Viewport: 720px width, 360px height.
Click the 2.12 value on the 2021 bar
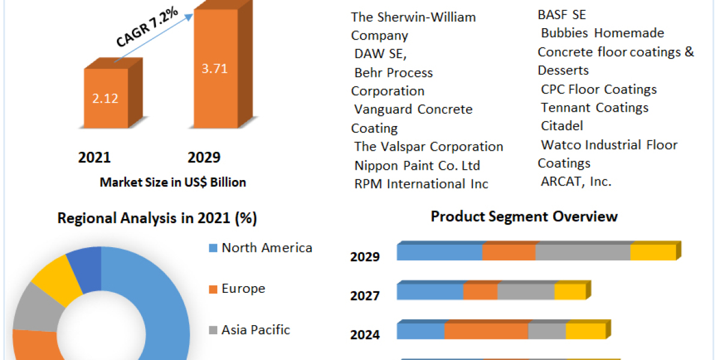[106, 98]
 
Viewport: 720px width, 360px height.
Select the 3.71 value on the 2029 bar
[214, 68]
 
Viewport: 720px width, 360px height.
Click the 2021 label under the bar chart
[94, 158]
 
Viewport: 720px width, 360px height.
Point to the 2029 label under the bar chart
[204, 158]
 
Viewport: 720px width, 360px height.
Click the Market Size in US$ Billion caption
[173, 182]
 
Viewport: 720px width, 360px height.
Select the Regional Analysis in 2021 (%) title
[157, 218]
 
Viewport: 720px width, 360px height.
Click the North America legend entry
[266, 248]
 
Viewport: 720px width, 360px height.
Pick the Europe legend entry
[242, 289]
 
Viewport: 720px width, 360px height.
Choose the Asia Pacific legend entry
[255, 329]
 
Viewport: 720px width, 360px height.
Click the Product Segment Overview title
[524, 217]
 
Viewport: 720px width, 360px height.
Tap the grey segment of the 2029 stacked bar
[583, 253]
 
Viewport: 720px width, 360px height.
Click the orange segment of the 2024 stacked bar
[486, 331]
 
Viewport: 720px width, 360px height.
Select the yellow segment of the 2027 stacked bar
[569, 292]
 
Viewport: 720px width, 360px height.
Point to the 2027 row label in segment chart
[365, 296]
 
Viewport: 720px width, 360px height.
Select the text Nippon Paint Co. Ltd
[417, 166]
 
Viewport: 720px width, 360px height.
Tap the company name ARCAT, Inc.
[576, 181]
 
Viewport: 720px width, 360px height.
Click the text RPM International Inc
[421, 184]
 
